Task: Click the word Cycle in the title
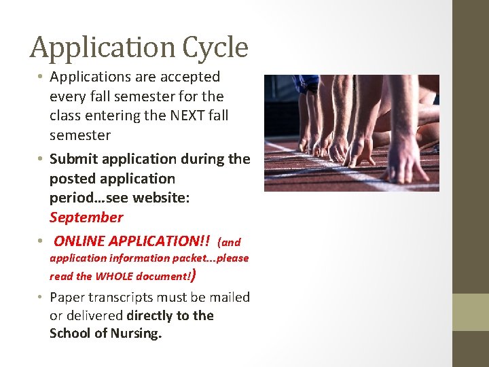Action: [215, 48]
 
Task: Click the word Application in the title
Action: [103, 48]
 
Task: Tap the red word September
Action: [86, 217]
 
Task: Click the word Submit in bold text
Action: [73, 159]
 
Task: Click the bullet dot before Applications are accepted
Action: [39, 76]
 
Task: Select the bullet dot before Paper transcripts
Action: [39, 296]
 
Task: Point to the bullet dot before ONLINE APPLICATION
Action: [39, 241]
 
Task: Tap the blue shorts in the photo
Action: [306, 84]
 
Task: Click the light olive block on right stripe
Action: [471, 312]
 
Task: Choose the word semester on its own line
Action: [80, 136]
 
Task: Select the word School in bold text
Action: [70, 333]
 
